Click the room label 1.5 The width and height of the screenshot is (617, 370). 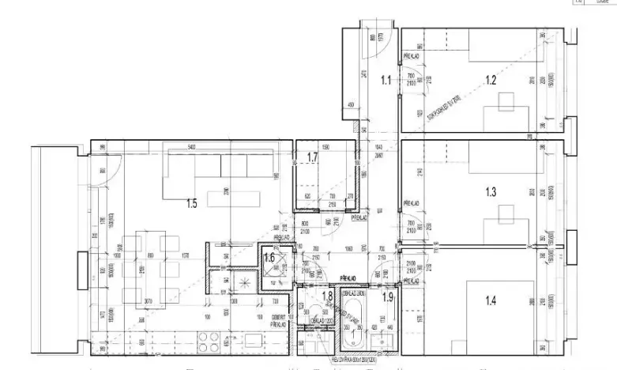(x=191, y=203)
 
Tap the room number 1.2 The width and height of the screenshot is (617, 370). (x=491, y=79)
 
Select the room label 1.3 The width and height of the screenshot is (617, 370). (x=491, y=191)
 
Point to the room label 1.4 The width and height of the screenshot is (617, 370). (x=491, y=300)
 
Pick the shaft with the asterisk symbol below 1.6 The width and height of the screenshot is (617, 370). (x=246, y=282)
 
